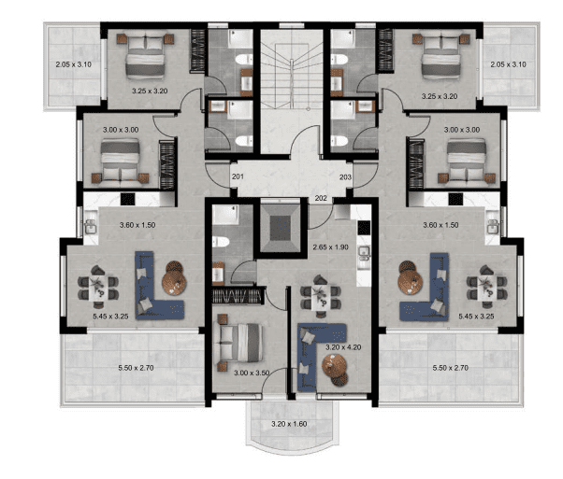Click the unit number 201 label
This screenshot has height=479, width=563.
238,176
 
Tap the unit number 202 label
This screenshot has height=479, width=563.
321,198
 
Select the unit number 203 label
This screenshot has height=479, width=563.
345,176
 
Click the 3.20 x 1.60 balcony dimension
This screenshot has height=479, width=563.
289,424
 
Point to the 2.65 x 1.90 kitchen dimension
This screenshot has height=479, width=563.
330,247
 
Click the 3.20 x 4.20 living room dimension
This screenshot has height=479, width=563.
343,347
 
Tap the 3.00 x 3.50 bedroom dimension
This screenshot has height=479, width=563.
252,373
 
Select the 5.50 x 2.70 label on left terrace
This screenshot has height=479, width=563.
137,368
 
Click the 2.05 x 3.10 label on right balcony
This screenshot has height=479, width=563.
508,64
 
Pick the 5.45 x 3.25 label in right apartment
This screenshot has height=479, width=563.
476,317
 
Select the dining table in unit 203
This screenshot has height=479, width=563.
487,287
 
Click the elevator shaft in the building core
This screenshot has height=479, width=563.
280,228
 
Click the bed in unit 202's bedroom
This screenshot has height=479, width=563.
238,343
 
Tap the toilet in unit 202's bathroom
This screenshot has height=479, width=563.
221,242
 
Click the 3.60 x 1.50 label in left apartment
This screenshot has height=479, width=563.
137,225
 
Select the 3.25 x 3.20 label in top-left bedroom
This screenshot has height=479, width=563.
150,92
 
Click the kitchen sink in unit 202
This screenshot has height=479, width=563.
364,253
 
